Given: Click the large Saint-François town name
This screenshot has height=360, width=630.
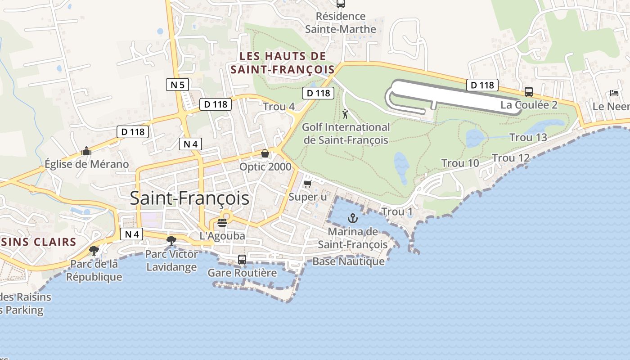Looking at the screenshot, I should coord(189,198).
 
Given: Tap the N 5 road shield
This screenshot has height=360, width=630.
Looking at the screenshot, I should coord(178,85).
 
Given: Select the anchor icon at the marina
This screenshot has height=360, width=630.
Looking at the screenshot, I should coord(353,219).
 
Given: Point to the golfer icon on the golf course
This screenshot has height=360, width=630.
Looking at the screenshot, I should coord(345,114).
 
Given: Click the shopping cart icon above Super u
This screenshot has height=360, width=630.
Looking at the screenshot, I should coord(308,184).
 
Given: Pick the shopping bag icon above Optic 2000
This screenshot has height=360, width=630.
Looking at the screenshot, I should coord(265,153).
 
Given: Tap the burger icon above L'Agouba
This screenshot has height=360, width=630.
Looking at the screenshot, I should coord(222,223).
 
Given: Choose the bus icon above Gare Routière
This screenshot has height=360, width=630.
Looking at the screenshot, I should coord(242,260).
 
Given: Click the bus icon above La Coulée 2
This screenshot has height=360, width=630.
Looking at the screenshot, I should coord(529,92).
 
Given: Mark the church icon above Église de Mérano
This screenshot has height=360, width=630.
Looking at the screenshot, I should coord(86,151).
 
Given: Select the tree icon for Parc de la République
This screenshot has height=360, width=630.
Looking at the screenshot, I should coord(94,250).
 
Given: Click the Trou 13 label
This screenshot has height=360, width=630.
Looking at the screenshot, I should coord(528,138).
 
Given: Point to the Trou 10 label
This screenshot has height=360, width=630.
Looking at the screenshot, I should coord(460,163).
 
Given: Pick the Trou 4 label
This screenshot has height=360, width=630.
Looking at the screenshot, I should coord(279,107).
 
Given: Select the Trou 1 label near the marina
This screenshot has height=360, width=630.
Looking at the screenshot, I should coord(397,211).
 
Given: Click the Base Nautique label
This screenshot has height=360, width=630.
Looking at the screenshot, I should coord(348,261).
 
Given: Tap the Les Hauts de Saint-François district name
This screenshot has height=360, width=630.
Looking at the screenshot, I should coord(283,63).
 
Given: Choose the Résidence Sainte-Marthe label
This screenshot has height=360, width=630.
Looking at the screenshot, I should coord(341,22).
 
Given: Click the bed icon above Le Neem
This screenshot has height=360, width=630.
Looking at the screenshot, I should coord(614,93).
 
